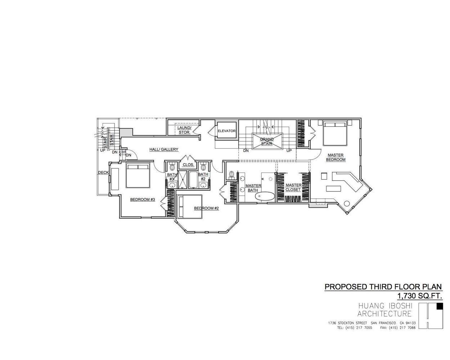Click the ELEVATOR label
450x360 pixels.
226,131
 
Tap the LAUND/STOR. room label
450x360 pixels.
184,130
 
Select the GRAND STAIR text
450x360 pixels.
267,141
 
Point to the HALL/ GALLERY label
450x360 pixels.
164,149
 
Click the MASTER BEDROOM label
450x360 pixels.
336,157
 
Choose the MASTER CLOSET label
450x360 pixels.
293,187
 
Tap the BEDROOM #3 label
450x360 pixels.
143,199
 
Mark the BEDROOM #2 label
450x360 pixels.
206,208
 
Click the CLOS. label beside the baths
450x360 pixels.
188,165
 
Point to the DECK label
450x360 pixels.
103,173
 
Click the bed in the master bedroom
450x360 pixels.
335,133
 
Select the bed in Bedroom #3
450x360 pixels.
138,175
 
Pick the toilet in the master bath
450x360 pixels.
231,175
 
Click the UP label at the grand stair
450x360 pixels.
289,150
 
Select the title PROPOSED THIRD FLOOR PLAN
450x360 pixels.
383,287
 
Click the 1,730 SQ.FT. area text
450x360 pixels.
419,296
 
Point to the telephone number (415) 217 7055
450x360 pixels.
355,328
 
